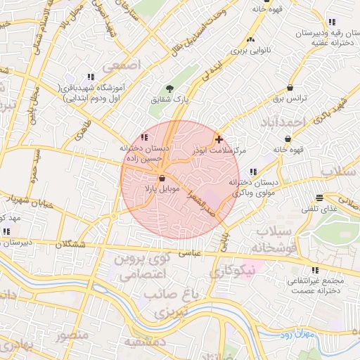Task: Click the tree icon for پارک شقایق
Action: pyautogui.click(x=169, y=89)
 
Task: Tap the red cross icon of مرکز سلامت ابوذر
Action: pyautogui.click(x=219, y=139)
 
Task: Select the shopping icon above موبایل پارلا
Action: pyautogui.click(x=163, y=179)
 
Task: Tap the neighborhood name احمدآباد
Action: pyautogui.click(x=288, y=122)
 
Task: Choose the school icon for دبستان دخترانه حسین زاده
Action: pyautogui.click(x=145, y=138)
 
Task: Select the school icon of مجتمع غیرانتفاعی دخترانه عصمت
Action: pyautogui.click(x=314, y=269)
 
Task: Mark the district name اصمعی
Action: pyautogui.click(x=122, y=65)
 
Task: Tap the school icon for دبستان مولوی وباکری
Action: pyautogui.click(x=252, y=172)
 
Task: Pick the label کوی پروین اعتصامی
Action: pyautogui.click(x=141, y=266)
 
